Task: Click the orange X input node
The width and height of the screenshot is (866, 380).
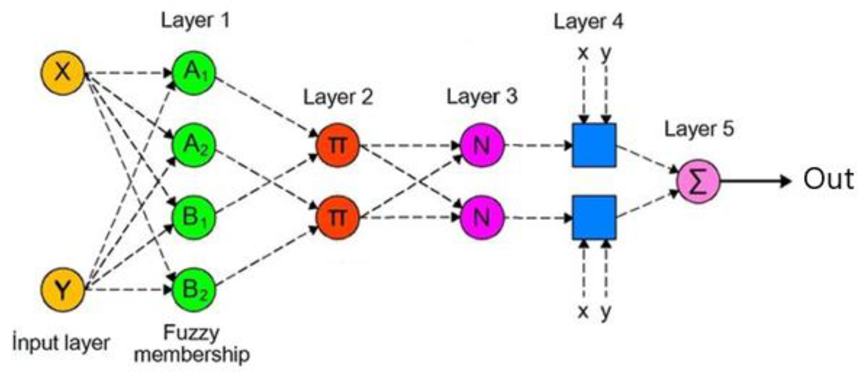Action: coord(63,73)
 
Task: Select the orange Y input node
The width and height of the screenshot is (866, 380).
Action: coord(63,290)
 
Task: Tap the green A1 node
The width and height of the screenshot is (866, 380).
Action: coord(194,73)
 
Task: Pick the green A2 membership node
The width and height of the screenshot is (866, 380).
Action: coord(194,145)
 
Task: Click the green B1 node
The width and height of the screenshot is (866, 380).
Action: coord(194,217)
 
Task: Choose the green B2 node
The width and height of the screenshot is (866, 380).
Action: coord(194,290)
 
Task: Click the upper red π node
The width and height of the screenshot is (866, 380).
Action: coord(337,145)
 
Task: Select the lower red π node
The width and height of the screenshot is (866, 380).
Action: coord(337,217)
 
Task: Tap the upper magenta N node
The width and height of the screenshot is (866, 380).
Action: coord(481,145)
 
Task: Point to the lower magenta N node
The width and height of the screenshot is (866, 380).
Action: coord(481,217)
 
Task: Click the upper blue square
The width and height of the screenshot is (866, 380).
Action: coord(594,145)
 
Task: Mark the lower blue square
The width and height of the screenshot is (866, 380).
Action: coord(594,217)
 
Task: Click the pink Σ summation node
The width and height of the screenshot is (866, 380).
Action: coord(698,181)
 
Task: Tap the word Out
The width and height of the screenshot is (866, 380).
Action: coord(828,179)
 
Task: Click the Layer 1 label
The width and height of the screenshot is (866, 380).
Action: coord(195,21)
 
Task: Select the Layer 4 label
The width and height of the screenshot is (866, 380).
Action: coord(588,21)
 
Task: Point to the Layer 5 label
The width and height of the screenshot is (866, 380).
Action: coord(699,129)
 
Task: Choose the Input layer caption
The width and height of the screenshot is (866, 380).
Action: coord(61,343)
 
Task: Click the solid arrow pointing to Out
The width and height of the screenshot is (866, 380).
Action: coord(755,181)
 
